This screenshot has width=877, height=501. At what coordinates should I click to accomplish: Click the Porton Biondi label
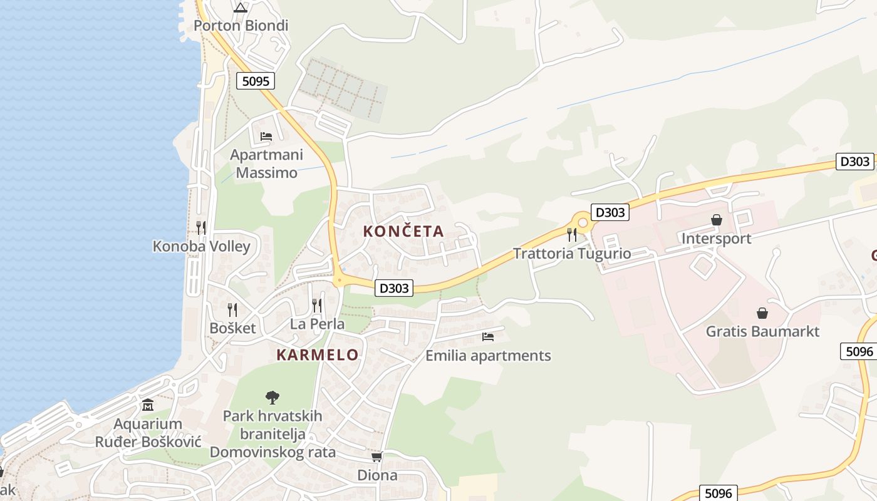241,26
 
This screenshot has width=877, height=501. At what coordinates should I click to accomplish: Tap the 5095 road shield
256,81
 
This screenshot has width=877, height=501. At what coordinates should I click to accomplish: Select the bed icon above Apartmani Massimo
266,136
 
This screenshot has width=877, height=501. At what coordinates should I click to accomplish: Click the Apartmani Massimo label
266,163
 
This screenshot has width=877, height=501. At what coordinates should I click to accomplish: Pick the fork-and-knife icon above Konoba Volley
200,227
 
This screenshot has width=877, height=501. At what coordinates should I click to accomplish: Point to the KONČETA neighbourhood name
403,231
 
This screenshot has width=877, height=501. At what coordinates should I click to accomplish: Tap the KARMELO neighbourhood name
318,355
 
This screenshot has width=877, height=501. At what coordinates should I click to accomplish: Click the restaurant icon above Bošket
232,309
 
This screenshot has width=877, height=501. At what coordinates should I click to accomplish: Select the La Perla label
317,324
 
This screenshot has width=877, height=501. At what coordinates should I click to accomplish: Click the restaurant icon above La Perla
317,306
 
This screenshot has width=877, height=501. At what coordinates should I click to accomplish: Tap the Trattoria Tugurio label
571,254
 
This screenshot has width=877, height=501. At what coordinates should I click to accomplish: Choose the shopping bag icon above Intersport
716,220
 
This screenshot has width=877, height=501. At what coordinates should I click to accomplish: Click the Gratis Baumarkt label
762,331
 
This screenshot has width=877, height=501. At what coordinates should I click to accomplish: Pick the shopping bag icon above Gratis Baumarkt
762,312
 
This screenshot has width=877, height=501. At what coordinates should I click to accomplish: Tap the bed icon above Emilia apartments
488,337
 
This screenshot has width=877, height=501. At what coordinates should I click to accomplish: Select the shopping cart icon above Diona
376,457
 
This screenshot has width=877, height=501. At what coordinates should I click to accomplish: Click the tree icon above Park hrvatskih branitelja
272,397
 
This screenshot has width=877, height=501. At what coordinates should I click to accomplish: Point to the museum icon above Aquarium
148,405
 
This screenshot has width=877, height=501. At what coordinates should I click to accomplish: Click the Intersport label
716,239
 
